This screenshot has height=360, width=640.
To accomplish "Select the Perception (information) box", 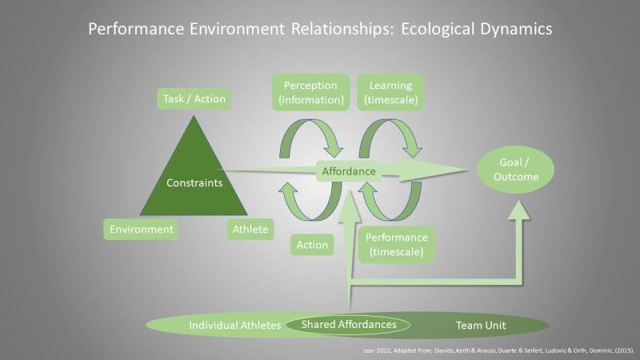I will coord(311,94).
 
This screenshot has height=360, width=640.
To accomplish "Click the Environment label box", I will coord(141,230).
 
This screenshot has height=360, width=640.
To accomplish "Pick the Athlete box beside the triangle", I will coord(250,230).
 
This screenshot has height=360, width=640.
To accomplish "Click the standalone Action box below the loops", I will coord(312,245).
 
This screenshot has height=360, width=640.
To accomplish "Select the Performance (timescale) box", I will coord(396,246).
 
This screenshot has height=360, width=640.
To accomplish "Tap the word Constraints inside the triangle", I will coord(194,182).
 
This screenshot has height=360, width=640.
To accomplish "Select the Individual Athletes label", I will coord(234,326).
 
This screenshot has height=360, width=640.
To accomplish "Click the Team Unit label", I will coord(480,326).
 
